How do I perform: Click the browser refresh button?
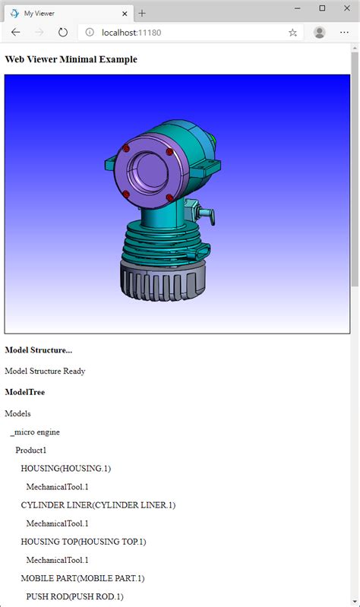(63, 33)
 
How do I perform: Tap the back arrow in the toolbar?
(16, 33)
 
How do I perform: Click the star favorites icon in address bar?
(292, 33)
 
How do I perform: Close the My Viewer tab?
(125, 14)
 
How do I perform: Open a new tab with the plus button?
(142, 13)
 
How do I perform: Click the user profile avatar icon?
(319, 33)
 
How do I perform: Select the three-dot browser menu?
(344, 33)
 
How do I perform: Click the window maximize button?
(322, 8)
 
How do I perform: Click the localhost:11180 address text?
(131, 33)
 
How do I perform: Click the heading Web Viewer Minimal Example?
(71, 59)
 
